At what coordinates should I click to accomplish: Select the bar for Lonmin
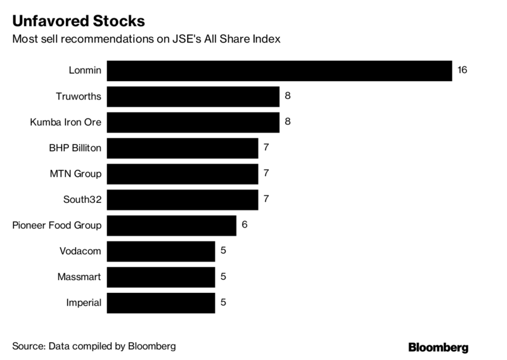click(x=279, y=70)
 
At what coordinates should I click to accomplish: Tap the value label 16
click(x=462, y=70)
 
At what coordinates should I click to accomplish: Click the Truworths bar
click(x=193, y=96)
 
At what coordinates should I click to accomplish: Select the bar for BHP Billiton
click(x=183, y=148)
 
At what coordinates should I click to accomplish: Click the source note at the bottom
click(x=93, y=347)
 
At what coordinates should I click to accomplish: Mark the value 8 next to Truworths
click(x=288, y=96)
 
